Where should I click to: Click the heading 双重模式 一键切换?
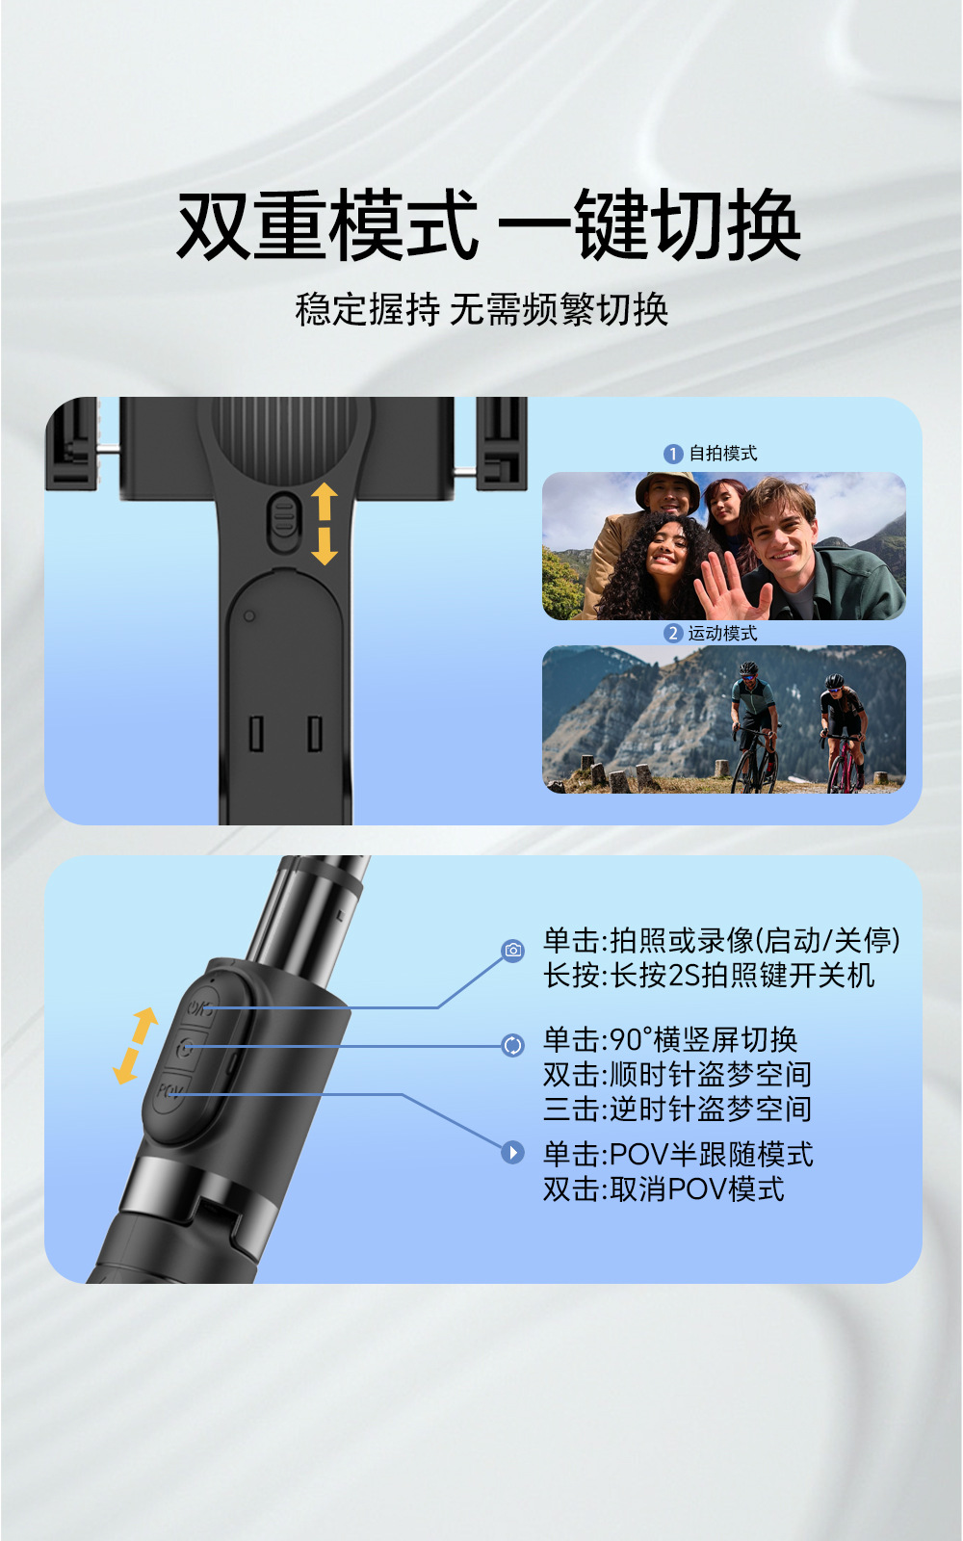click(x=488, y=225)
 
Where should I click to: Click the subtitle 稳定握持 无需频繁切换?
click(x=481, y=309)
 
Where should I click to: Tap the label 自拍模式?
click(x=723, y=454)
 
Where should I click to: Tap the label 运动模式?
click(x=723, y=633)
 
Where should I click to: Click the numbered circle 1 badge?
click(x=673, y=454)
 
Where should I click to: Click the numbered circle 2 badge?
click(x=673, y=634)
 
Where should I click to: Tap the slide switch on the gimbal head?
click(x=283, y=523)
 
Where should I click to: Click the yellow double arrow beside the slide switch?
click(x=324, y=524)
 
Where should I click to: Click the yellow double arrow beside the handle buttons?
click(x=136, y=1046)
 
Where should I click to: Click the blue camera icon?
click(x=513, y=950)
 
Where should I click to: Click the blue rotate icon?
click(x=513, y=1046)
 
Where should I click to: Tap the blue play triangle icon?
click(x=513, y=1152)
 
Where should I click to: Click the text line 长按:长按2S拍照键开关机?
click(x=709, y=975)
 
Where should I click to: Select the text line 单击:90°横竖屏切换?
click(x=670, y=1039)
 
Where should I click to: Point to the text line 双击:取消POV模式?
click(x=664, y=1188)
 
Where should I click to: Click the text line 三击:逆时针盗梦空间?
click(x=678, y=1109)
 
